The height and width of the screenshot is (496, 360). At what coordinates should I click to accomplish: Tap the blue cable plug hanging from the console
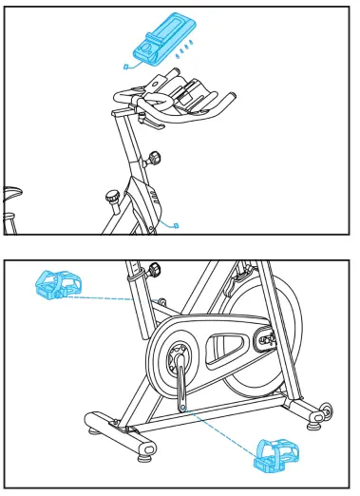coord(125,67)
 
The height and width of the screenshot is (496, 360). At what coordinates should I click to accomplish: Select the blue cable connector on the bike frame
coord(176,226)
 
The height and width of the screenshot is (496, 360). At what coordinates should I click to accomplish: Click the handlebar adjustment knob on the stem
coord(153,159)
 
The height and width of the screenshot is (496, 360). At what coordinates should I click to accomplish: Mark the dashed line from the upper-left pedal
coord(100,296)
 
